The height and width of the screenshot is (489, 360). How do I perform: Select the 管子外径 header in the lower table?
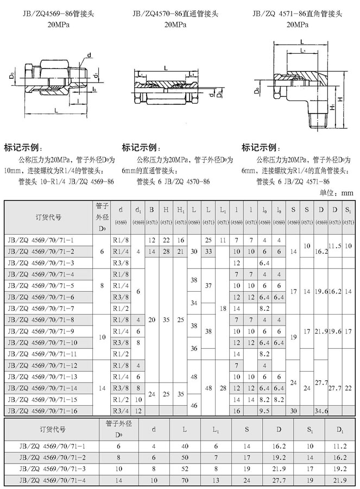[118, 429]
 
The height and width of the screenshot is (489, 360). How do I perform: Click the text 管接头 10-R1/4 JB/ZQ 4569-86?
[66, 181]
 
